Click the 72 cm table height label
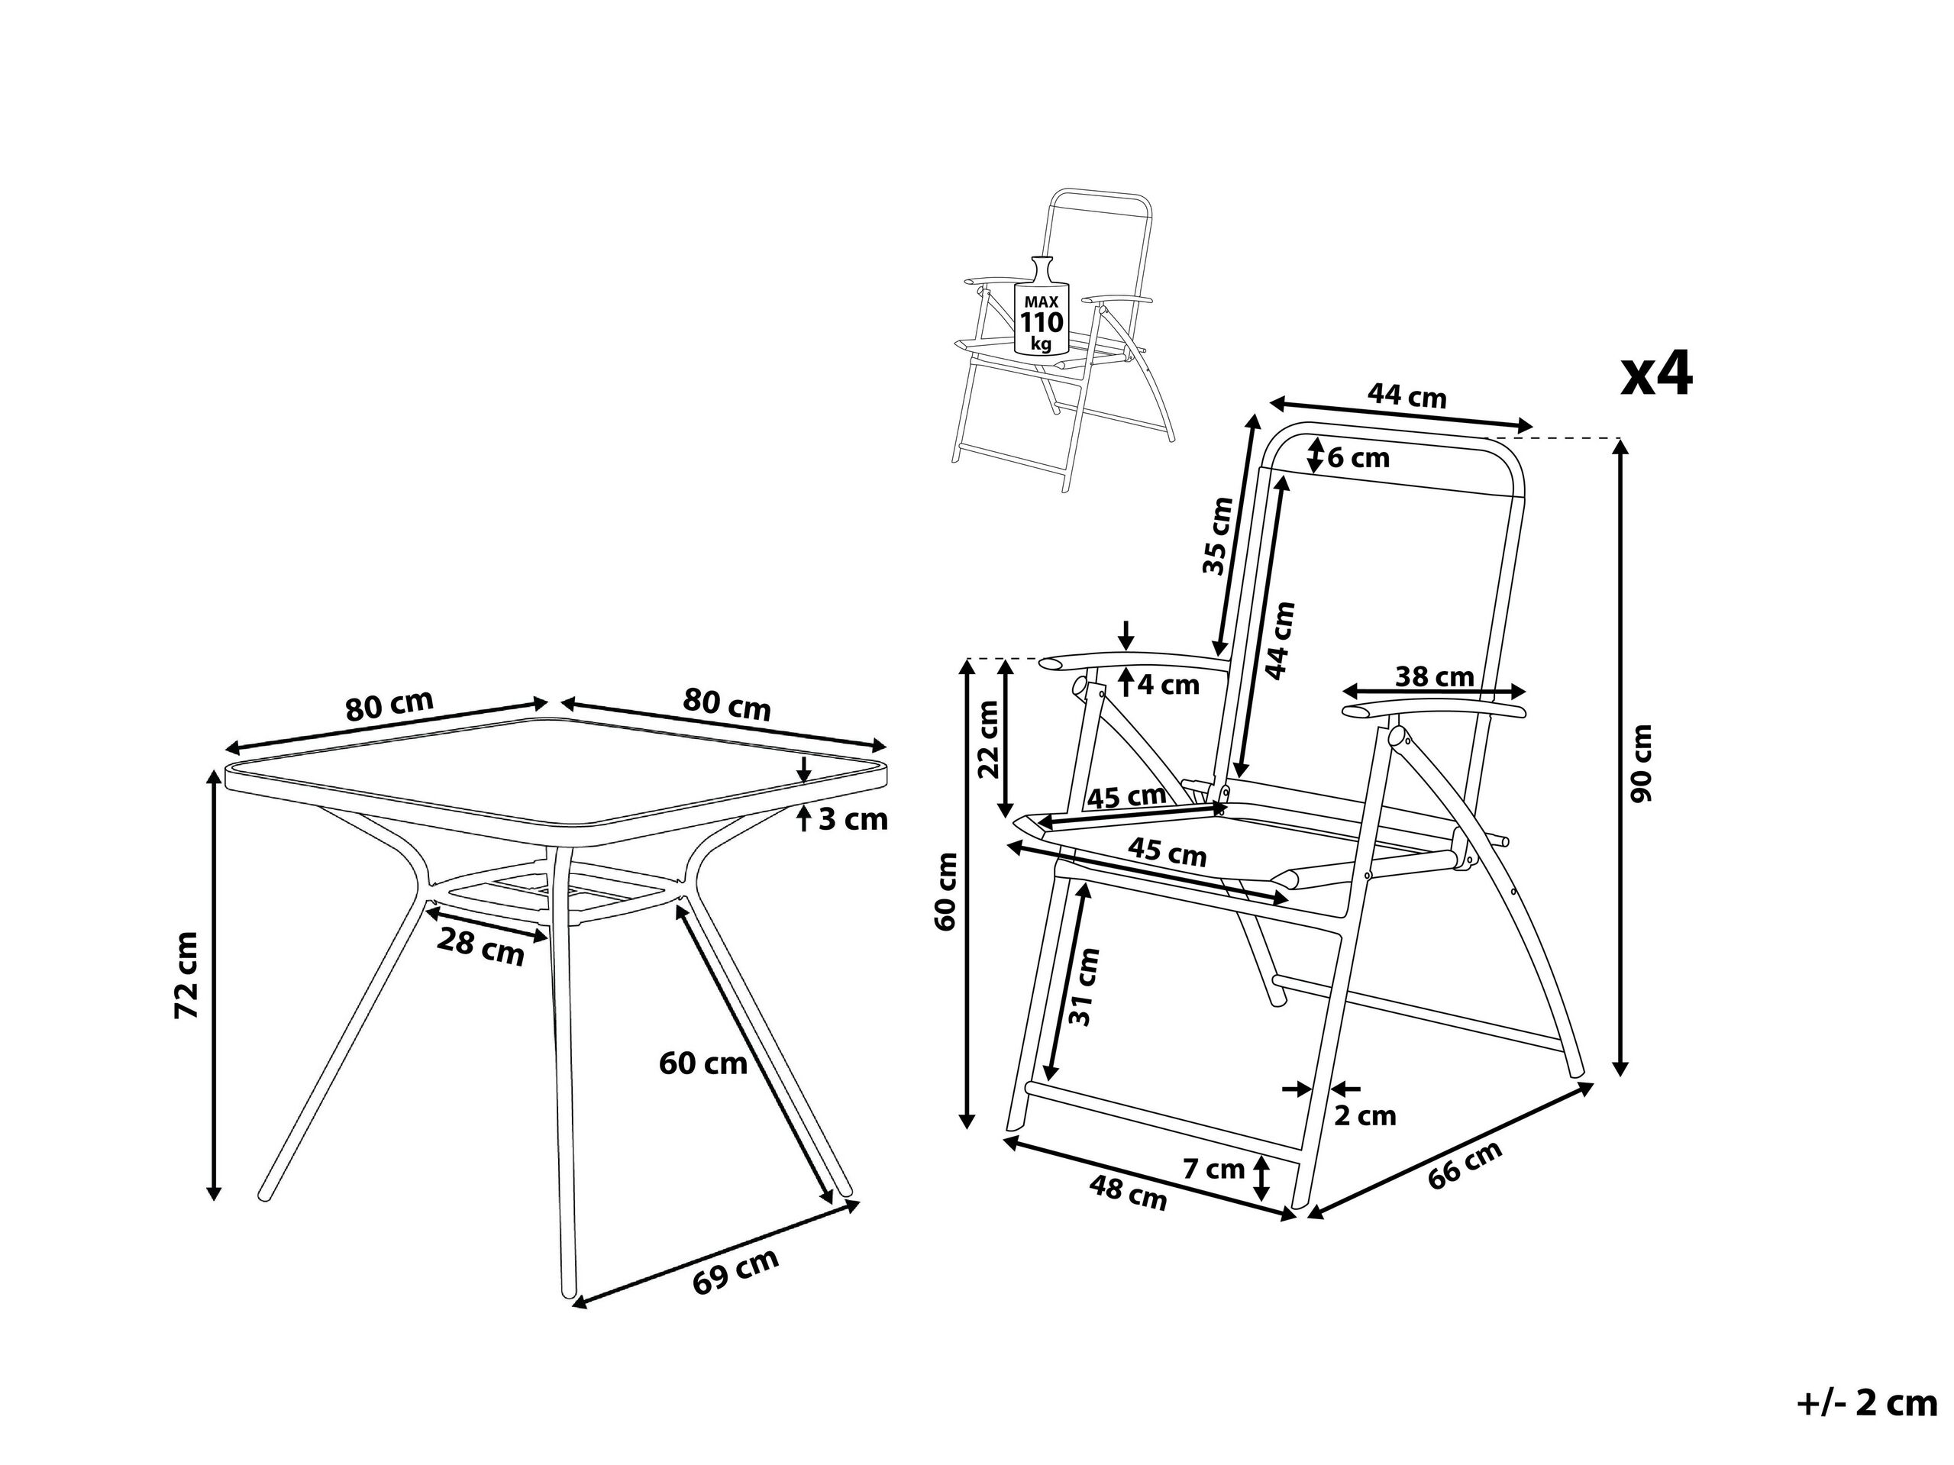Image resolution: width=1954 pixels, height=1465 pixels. click(187, 976)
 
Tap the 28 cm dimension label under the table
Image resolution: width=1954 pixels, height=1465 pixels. click(480, 947)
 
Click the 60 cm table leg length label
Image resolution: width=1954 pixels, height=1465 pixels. click(703, 1063)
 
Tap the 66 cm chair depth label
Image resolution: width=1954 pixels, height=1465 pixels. click(1465, 1165)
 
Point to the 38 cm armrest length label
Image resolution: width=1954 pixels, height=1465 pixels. click(1435, 676)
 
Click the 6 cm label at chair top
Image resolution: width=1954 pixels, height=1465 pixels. click(1358, 458)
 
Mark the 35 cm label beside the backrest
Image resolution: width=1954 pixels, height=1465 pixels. click(1218, 536)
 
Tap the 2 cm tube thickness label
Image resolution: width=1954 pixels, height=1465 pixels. click(1365, 1115)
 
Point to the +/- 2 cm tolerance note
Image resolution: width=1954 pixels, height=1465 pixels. click(1865, 1403)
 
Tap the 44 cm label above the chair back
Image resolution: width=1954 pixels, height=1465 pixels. click(1407, 395)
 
